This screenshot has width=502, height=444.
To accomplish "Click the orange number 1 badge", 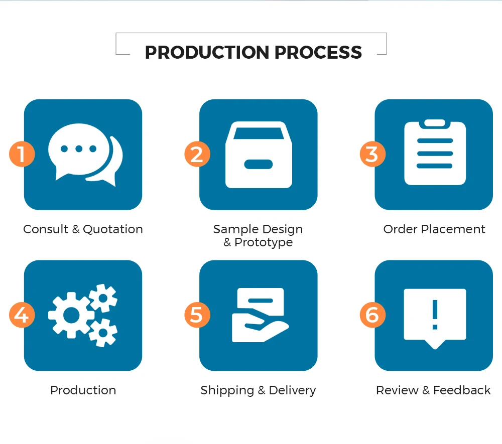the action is click(22, 154).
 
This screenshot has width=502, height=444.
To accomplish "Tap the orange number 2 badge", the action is click(197, 154).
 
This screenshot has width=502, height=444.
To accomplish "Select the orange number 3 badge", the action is click(372, 154).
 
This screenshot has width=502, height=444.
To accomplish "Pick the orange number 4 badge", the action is click(22, 315).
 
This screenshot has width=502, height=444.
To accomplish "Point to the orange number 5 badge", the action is click(197, 315).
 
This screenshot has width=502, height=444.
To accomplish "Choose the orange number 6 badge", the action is click(372, 315).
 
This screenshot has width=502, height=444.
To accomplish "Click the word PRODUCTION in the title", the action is click(207, 52).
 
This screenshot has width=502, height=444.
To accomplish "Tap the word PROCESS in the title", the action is click(318, 52).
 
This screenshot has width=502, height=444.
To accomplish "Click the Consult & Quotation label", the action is click(83, 229).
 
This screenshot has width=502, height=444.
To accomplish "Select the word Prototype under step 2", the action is click(264, 242).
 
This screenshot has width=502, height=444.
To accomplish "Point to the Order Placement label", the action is click(434, 229).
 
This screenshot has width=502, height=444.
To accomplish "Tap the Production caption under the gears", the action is click(83, 390).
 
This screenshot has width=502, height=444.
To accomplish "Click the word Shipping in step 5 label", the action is click(227, 390).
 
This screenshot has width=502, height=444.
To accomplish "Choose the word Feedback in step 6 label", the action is click(462, 390).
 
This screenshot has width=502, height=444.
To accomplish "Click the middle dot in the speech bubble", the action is click(78, 149).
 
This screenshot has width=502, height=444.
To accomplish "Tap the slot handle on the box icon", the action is click(258, 165).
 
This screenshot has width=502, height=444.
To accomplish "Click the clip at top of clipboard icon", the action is click(435, 123).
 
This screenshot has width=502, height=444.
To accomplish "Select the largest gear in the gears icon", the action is click(71, 315).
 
